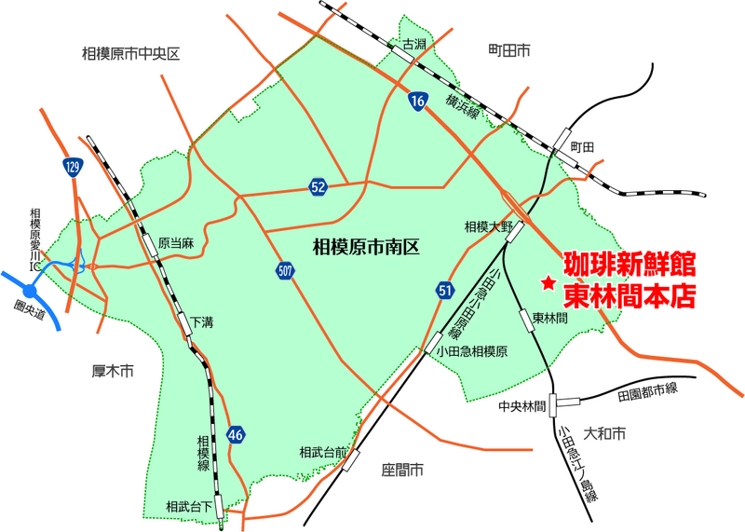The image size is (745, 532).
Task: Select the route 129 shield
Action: [x=73, y=168]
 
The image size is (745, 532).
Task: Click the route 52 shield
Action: [x=318, y=188]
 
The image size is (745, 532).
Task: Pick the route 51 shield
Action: [x=443, y=293]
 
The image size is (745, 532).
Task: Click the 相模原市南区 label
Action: [x=366, y=247]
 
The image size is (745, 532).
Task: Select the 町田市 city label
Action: [x=508, y=49]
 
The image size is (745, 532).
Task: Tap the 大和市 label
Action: [x=604, y=433]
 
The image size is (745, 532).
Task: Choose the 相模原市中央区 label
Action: [x=130, y=55]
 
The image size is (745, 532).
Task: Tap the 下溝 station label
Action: [x=202, y=322]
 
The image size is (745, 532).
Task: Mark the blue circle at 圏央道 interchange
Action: [x=30, y=291]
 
